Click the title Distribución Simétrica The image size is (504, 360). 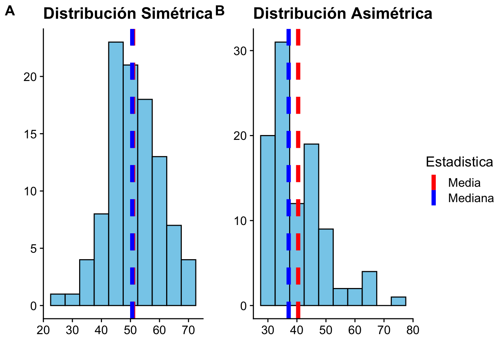[128, 14]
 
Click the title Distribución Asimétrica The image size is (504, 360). [343, 14]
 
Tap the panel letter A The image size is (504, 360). [10, 11]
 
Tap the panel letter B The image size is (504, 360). [220, 11]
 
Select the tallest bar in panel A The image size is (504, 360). [116, 172]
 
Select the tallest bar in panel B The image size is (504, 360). [282, 172]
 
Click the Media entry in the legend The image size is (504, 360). [464, 183]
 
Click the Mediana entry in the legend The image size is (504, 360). [471, 198]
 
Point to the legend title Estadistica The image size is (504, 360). [459, 162]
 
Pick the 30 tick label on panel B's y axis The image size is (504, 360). [240, 51]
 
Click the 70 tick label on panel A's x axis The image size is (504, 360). [188, 330]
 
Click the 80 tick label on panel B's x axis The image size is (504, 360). [413, 330]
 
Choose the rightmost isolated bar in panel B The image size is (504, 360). [398, 301]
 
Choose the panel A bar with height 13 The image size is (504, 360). [159, 231]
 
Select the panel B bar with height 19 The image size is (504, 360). [311, 225]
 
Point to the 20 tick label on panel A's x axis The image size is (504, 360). [43, 330]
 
